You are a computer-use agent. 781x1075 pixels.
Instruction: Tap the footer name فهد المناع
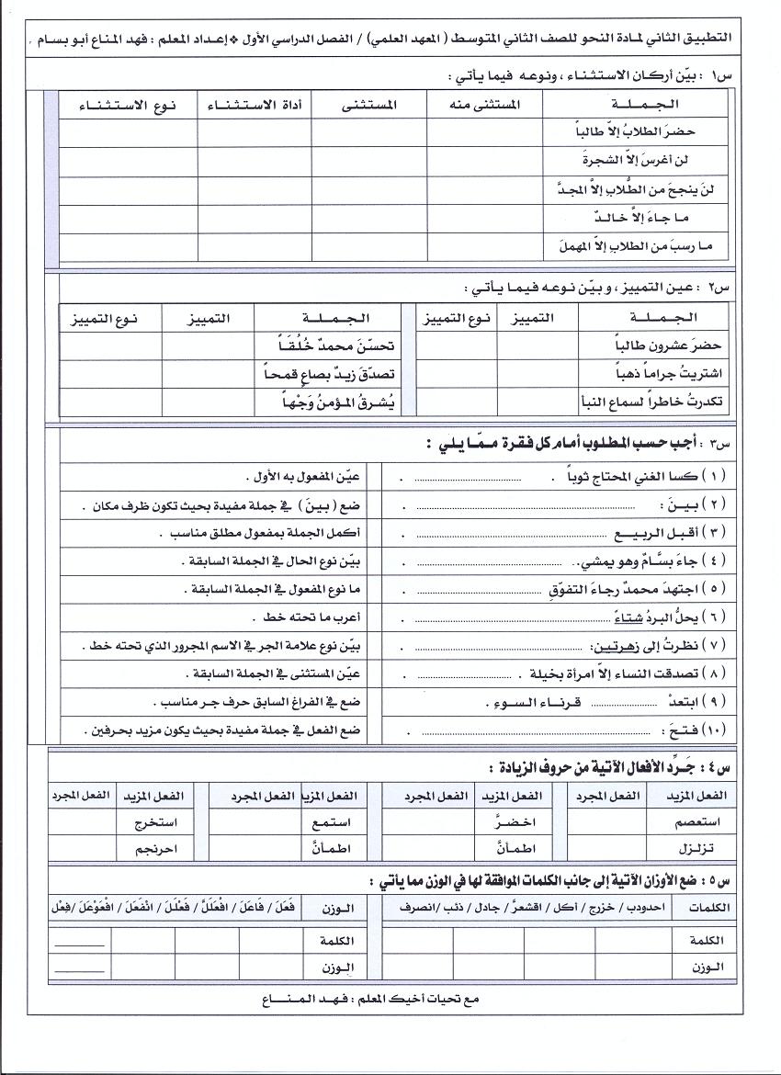[x=303, y=998]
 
